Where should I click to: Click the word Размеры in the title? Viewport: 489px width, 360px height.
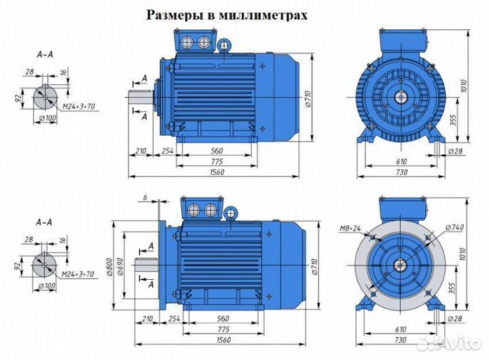tap(173, 15)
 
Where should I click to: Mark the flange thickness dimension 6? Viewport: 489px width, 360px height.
tap(145, 197)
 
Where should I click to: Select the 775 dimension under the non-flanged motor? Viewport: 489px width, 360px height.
tap(218, 160)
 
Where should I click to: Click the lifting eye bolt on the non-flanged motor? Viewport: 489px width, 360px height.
tap(224, 46)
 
